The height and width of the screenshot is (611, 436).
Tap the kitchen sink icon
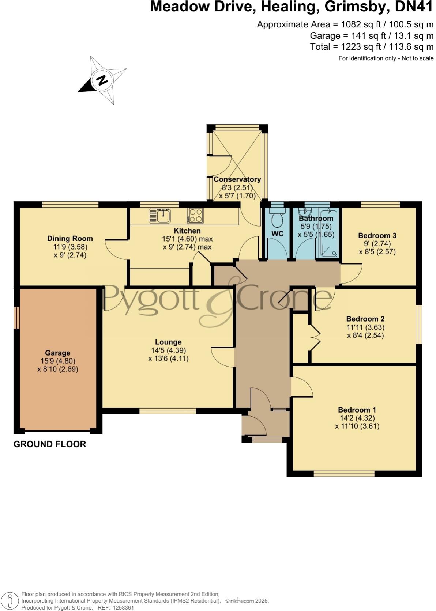pyautogui.click(x=160, y=215)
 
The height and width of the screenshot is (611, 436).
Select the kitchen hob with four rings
pyautogui.click(x=195, y=215)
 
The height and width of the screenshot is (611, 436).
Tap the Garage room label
pyautogui.click(x=57, y=353)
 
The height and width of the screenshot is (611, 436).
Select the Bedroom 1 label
pyautogui.click(x=357, y=410)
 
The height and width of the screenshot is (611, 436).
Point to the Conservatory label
pyautogui.click(x=237, y=179)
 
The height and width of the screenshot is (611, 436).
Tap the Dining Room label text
pyautogui.click(x=70, y=239)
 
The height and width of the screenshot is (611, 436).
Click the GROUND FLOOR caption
pyautogui.click(x=50, y=444)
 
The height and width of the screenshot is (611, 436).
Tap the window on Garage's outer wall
pyautogui.click(x=16, y=317)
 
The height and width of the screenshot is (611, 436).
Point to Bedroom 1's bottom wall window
pyautogui.click(x=344, y=474)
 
